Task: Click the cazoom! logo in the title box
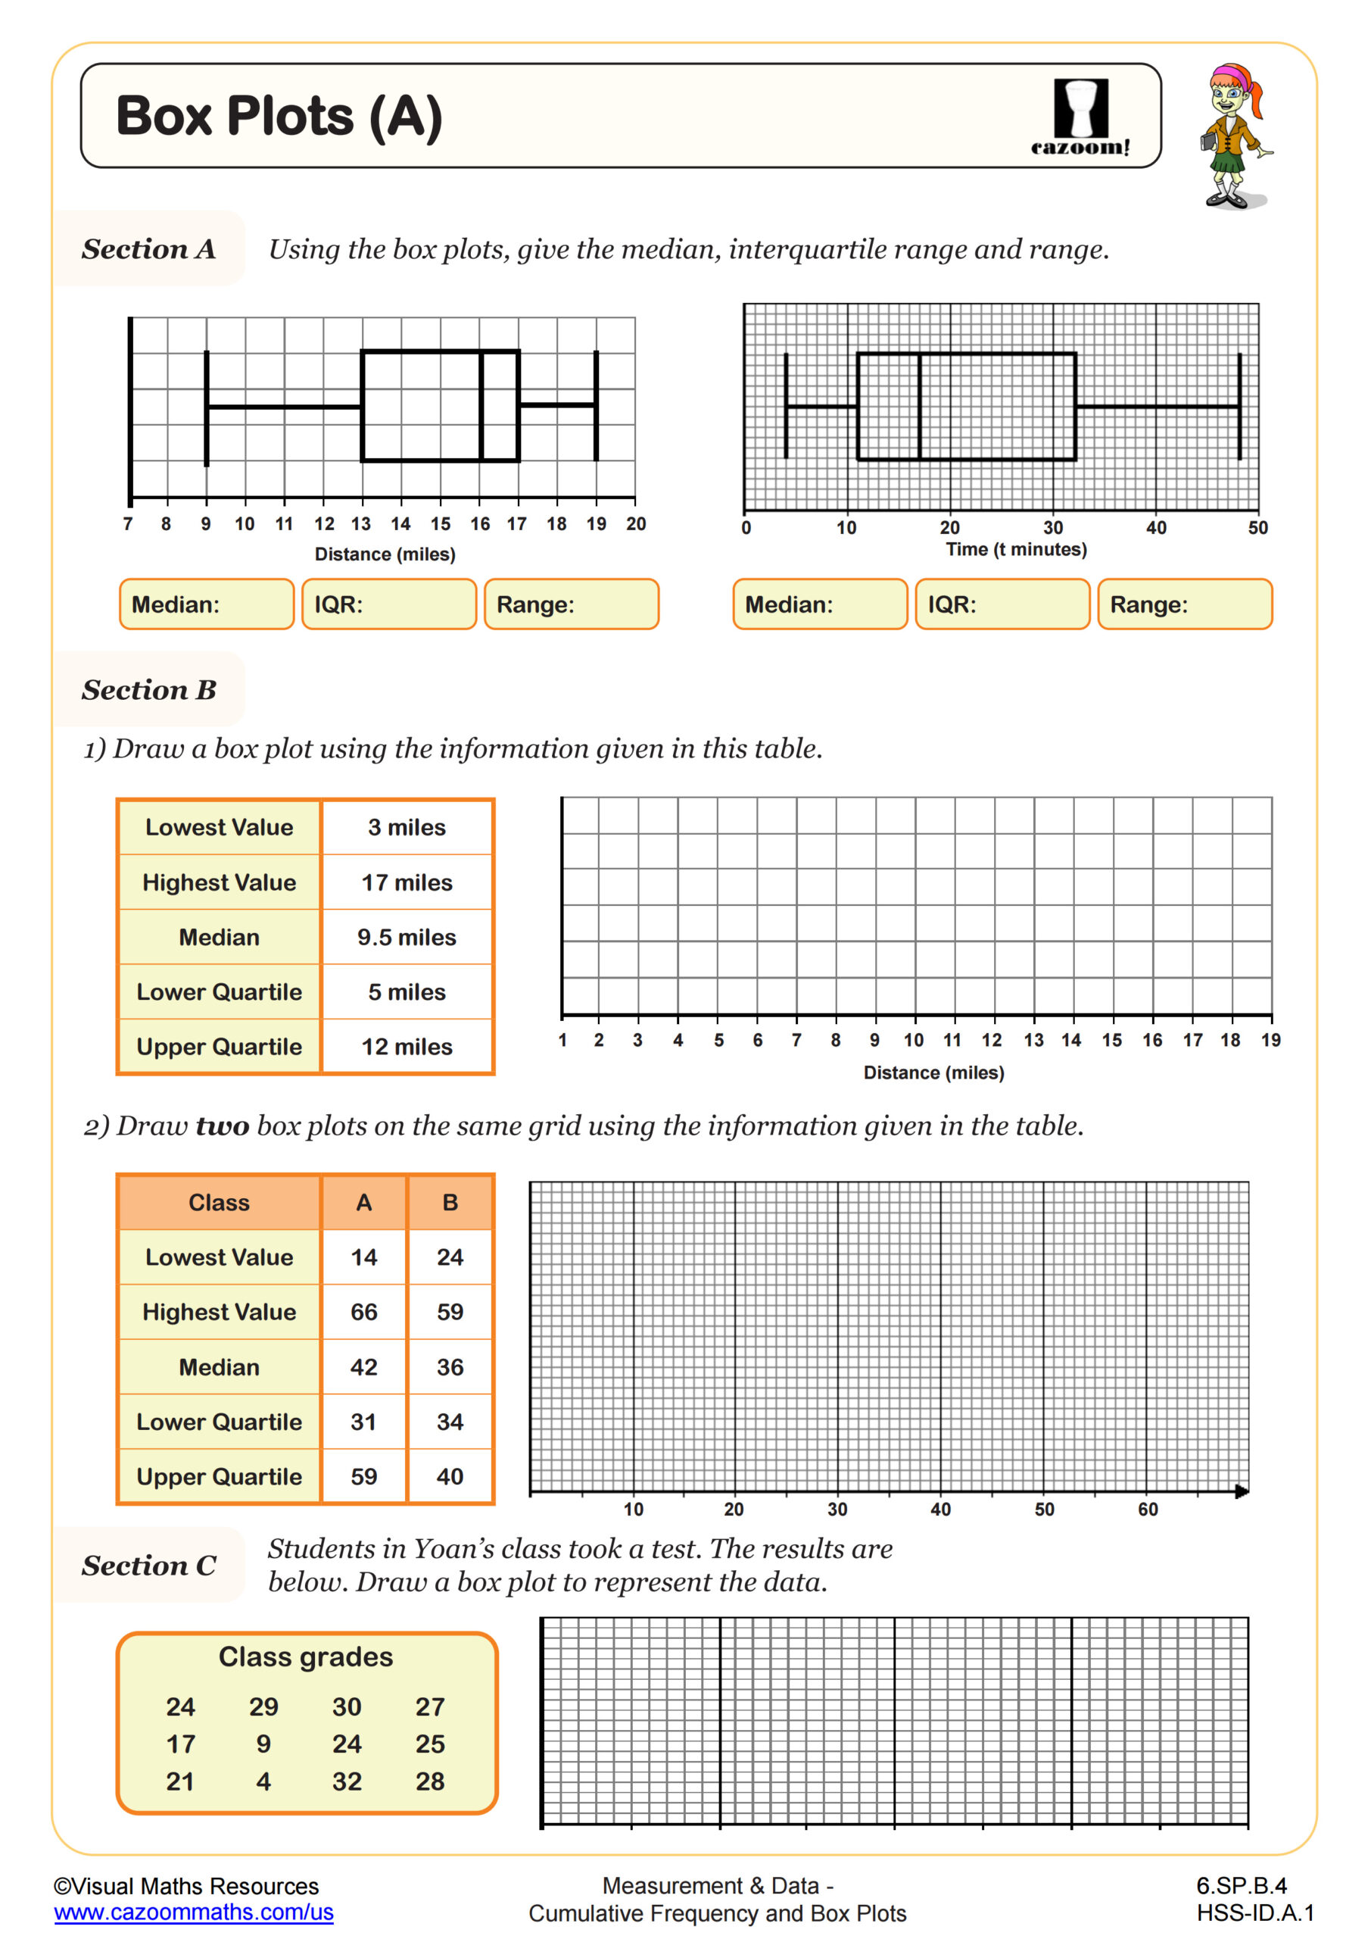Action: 1080,117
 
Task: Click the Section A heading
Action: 148,249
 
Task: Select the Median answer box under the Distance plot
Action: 207,604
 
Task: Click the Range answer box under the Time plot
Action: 1185,604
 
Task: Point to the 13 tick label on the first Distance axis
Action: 360,524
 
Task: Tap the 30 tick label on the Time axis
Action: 1053,528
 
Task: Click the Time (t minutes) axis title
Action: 1016,550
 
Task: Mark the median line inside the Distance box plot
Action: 481,406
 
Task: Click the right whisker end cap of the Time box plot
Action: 1239,406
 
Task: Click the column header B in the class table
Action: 450,1203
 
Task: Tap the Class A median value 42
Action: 364,1367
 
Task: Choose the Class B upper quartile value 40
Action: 450,1477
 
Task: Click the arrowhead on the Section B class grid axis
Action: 1241,1491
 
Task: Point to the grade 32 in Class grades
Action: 347,1782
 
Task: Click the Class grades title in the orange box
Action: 306,1657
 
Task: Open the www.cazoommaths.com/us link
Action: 193,1912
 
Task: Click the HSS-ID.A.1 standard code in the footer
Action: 1254,1912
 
